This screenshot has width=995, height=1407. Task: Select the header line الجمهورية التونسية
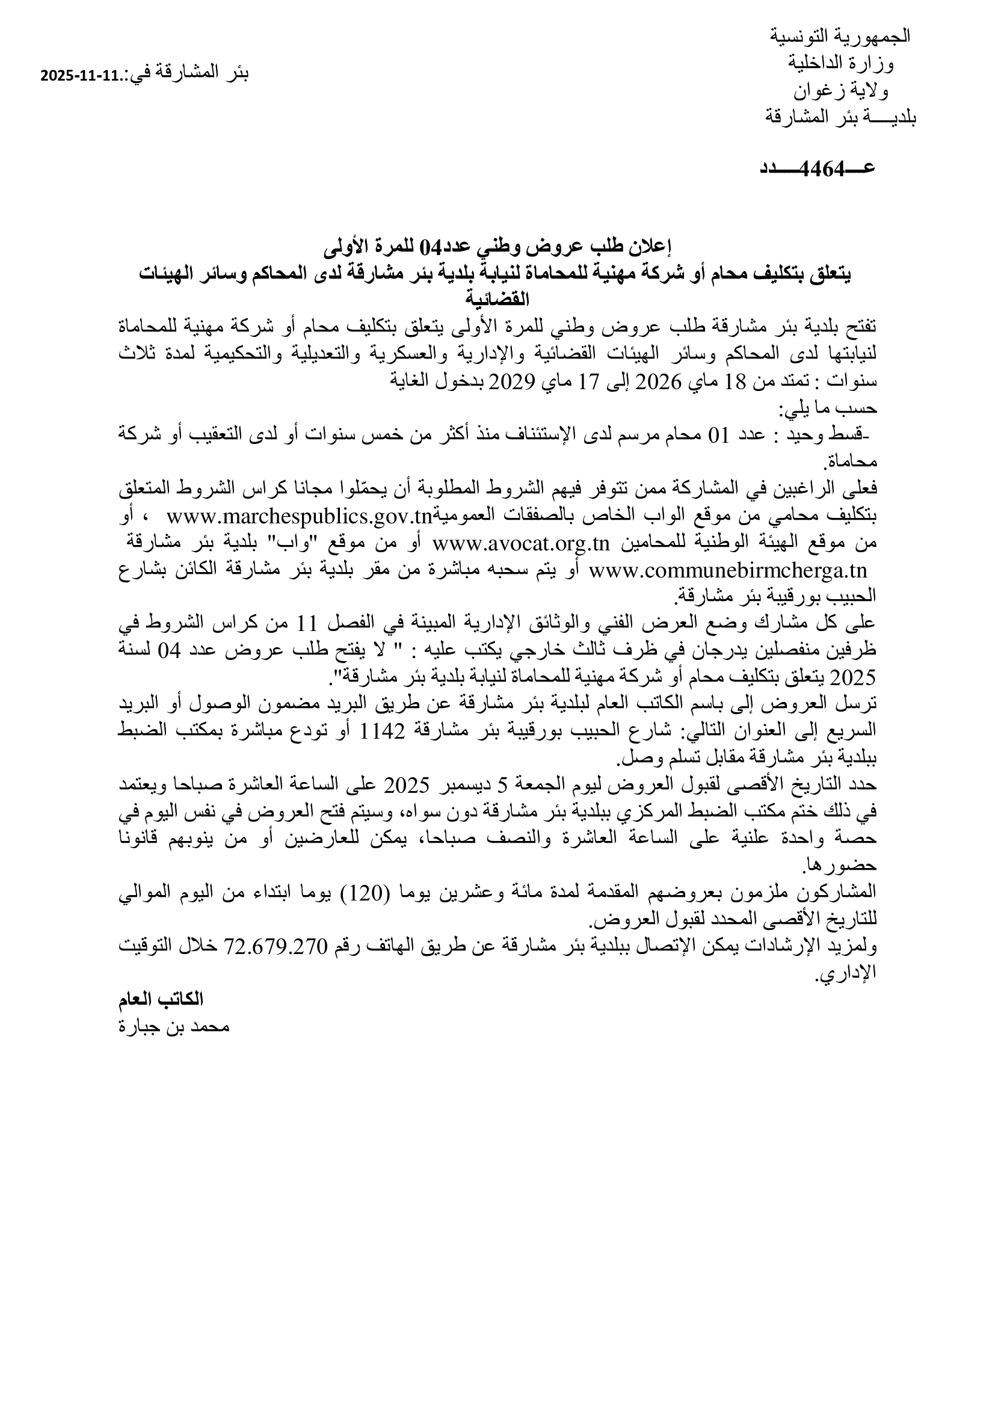(x=840, y=36)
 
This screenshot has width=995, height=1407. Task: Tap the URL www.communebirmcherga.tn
(x=729, y=570)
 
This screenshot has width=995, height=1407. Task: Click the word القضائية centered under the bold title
(x=497, y=300)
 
